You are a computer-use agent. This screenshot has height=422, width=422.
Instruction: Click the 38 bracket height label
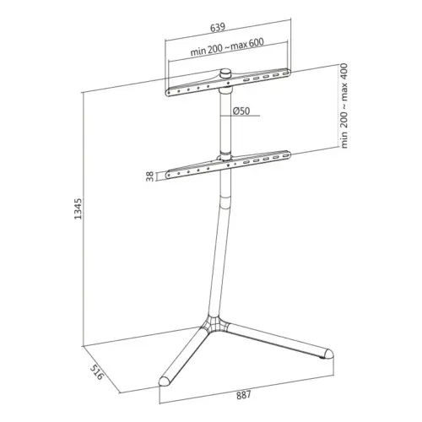tap(149, 176)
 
